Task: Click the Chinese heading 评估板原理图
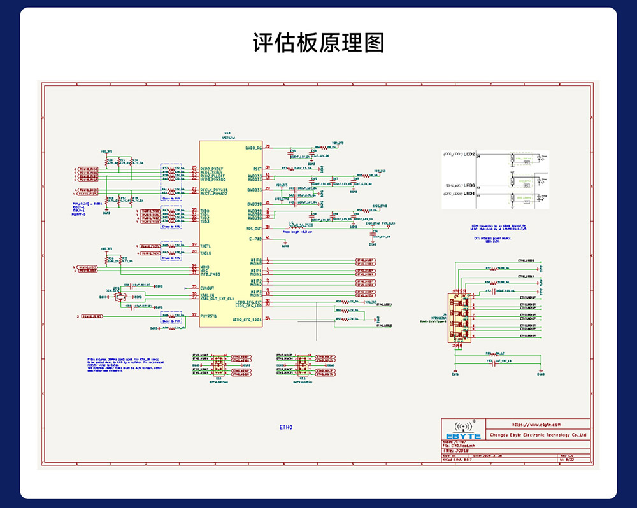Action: tap(318, 43)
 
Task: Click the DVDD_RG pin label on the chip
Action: tap(254, 147)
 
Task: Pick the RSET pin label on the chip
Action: tap(256, 168)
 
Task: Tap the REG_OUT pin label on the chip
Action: tap(254, 228)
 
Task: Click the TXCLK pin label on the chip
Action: tap(206, 253)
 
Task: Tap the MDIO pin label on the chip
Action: tap(205, 267)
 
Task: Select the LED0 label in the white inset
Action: tap(469, 185)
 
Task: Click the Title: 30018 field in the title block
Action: tap(457, 450)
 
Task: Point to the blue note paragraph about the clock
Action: tap(124, 364)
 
